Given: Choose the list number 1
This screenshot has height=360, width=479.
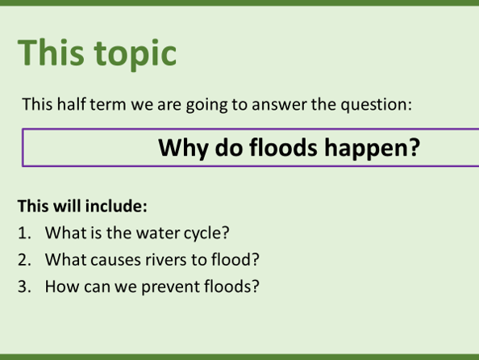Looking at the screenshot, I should click(24, 233).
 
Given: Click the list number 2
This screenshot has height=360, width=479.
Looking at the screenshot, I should click(24, 260).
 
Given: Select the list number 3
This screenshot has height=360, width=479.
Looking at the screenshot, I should click(24, 286).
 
